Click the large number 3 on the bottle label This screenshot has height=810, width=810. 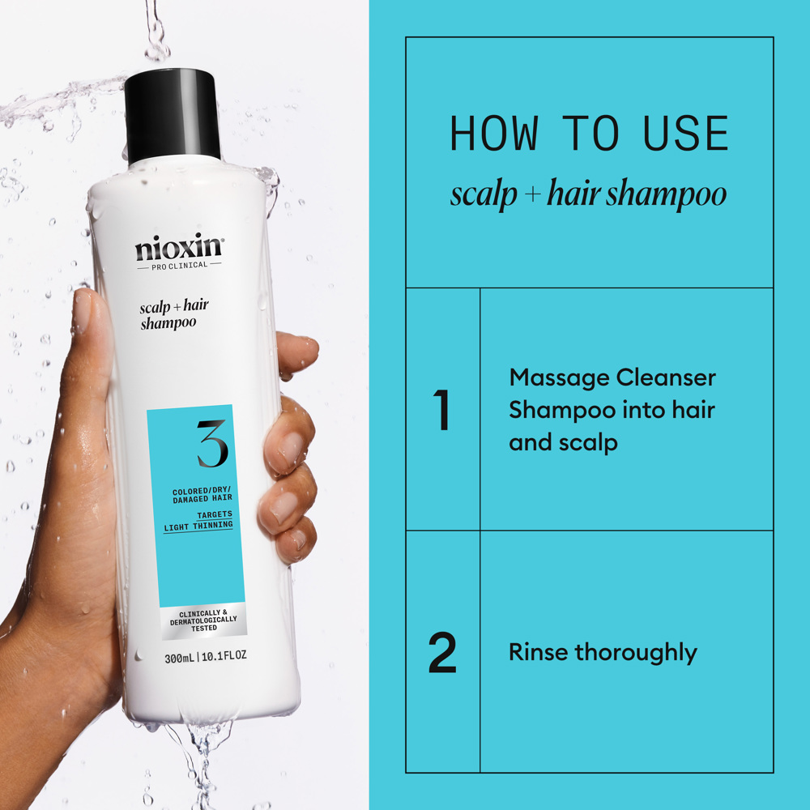(x=212, y=443)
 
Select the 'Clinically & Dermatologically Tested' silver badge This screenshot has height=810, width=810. (x=203, y=620)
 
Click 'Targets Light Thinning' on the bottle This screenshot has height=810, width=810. (x=198, y=520)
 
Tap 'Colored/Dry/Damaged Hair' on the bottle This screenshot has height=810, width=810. (x=202, y=494)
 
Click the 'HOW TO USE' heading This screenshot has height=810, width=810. (x=589, y=134)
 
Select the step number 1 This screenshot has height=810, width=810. (x=442, y=411)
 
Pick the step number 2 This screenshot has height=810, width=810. (x=442, y=652)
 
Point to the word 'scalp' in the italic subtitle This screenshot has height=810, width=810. (x=484, y=194)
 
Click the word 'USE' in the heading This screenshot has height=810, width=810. (x=685, y=134)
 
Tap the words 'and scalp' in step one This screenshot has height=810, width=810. (x=563, y=442)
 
